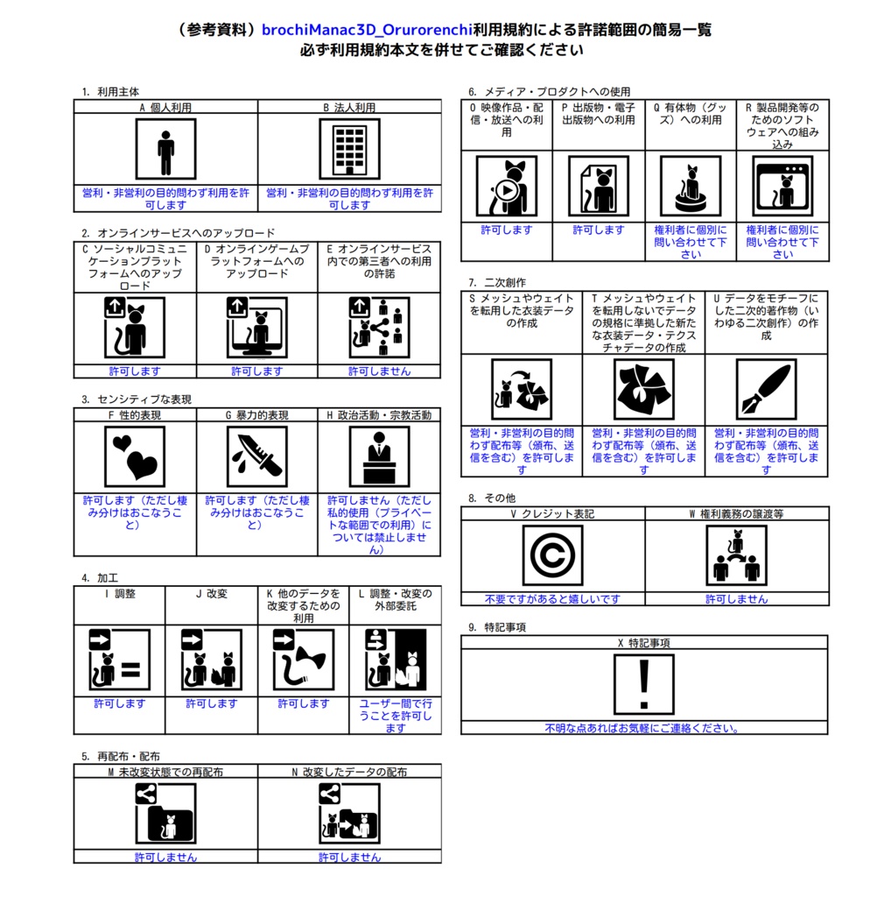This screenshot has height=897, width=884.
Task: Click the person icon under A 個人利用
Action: pyautogui.click(x=165, y=149)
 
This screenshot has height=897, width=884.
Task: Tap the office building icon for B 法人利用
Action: pyautogui.click(x=350, y=149)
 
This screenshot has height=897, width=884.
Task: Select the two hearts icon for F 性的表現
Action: pyautogui.click(x=135, y=456)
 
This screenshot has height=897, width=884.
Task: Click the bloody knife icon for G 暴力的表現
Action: pyautogui.click(x=257, y=456)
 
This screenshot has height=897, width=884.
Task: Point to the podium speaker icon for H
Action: pyautogui.click(x=380, y=456)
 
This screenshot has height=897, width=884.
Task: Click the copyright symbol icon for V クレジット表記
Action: pyautogui.click(x=552, y=554)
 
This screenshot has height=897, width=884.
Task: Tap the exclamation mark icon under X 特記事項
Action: pyautogui.click(x=644, y=684)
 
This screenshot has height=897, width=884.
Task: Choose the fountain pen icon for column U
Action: pyautogui.click(x=767, y=390)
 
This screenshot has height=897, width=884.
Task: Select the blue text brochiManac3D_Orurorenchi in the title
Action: pyautogui.click(x=368, y=30)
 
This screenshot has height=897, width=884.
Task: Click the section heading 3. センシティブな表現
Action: pyautogui.click(x=137, y=399)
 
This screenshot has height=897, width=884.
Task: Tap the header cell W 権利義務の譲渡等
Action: pyautogui.click(x=737, y=513)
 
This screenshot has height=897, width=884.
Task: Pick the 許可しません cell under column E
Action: pyautogui.click(x=380, y=371)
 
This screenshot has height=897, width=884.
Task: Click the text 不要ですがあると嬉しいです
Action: pyautogui.click(x=552, y=599)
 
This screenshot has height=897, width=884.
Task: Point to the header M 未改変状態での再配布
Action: pyautogui.click(x=165, y=772)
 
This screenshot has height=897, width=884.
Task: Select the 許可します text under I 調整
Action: pyautogui.click(x=119, y=703)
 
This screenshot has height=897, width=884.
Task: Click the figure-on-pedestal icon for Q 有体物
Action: pyautogui.click(x=691, y=186)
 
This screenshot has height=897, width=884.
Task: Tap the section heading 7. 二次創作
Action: pyautogui.click(x=497, y=283)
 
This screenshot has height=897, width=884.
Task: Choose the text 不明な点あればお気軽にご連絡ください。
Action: pyautogui.click(x=644, y=728)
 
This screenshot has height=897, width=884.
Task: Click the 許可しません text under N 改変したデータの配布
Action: pyautogui.click(x=350, y=857)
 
